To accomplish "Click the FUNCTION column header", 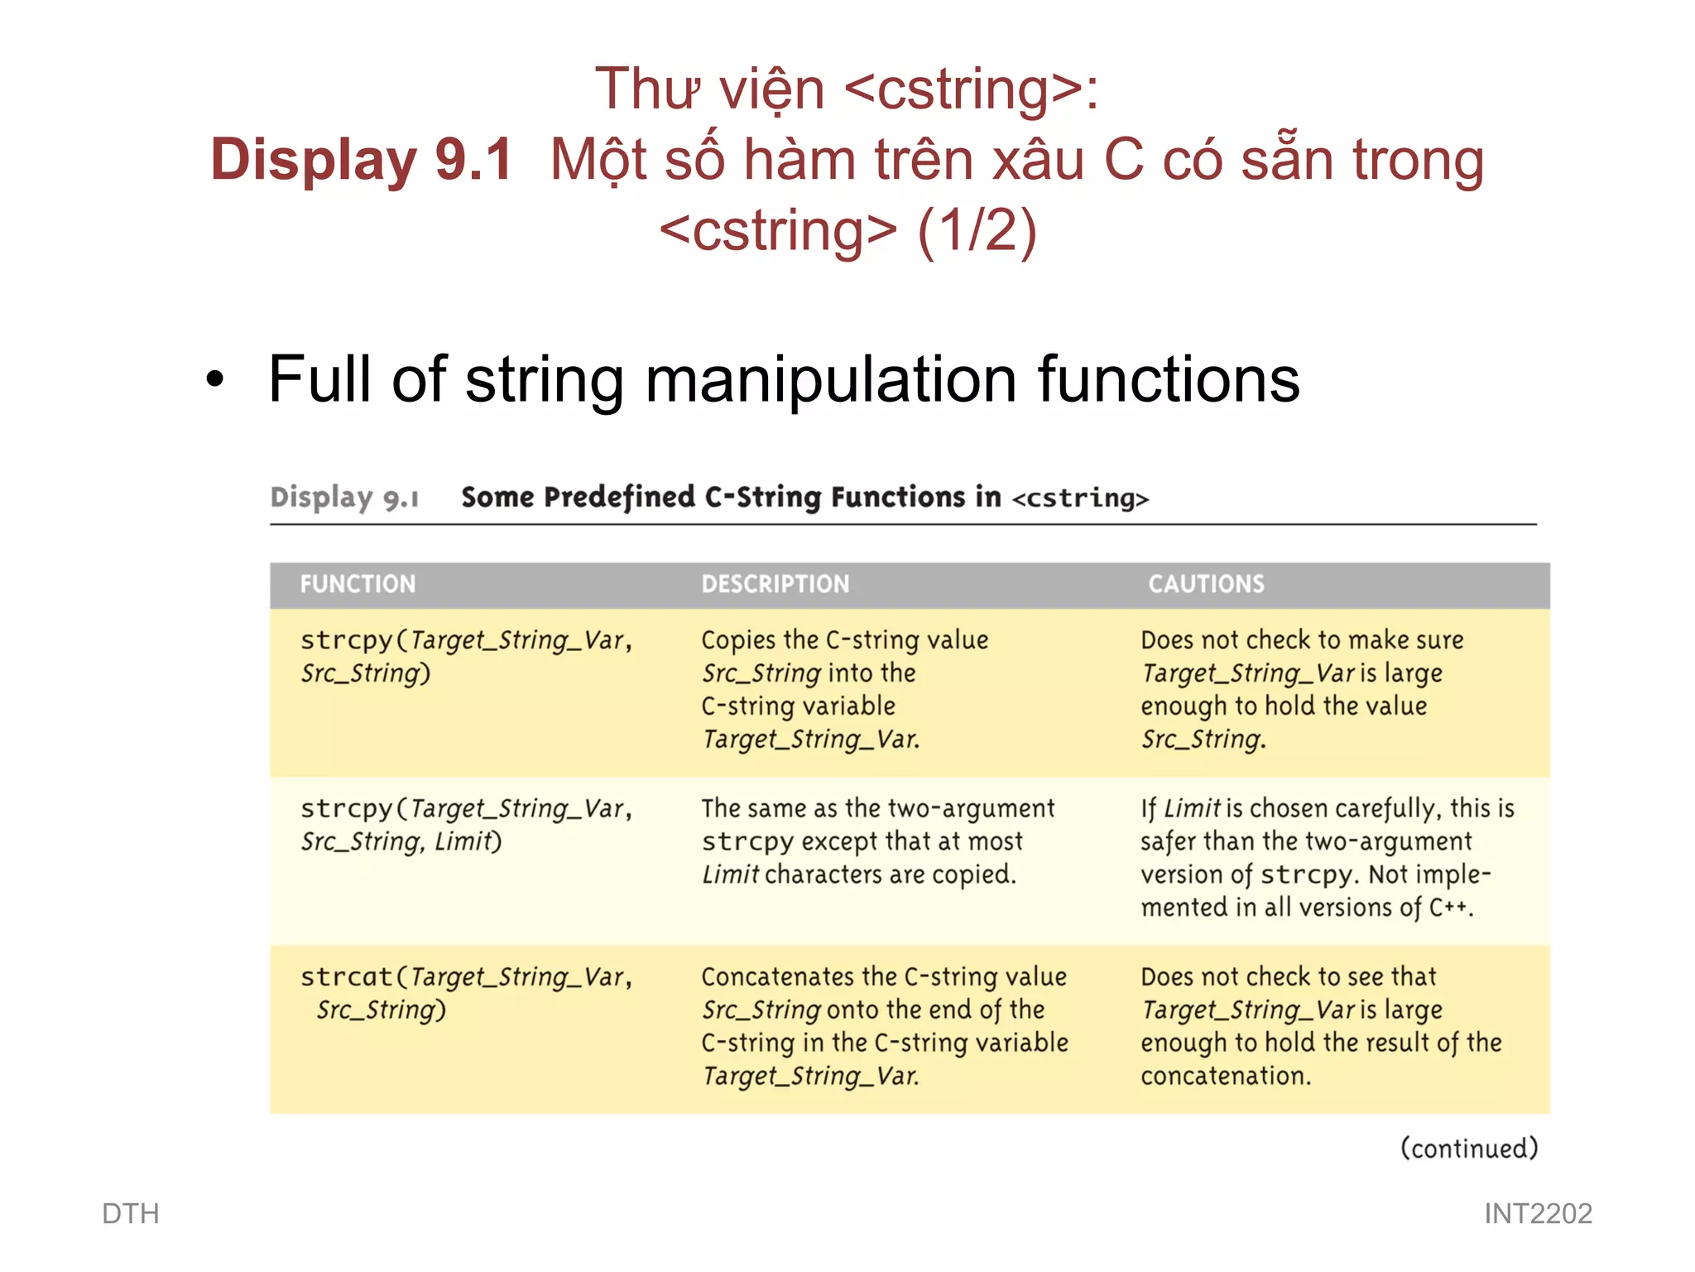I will click(x=358, y=584).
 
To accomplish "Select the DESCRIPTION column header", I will click(x=775, y=584).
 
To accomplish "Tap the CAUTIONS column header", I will click(x=1206, y=584).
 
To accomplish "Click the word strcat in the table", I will click(x=346, y=976).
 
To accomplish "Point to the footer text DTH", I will click(x=130, y=1213).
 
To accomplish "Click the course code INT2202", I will click(x=1538, y=1213).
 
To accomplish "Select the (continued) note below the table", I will click(x=1469, y=1149).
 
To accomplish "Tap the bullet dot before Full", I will click(x=215, y=380).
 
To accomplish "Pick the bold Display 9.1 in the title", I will click(x=362, y=159).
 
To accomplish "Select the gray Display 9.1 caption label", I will click(x=344, y=497).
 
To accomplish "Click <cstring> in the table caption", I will click(x=1081, y=499).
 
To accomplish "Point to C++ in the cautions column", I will click(x=1449, y=908).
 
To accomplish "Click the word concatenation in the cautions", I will click(x=1225, y=1076).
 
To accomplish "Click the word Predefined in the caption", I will click(x=619, y=497).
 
